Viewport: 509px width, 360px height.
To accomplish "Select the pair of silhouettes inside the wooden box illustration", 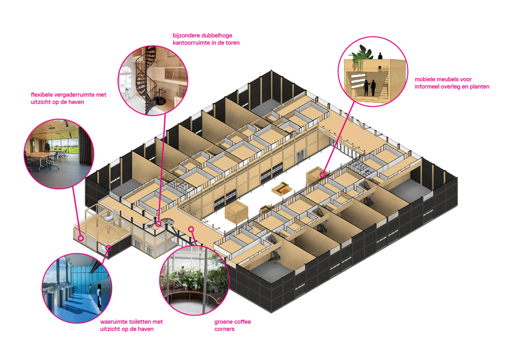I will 369,88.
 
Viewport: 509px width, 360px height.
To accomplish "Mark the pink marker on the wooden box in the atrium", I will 323,174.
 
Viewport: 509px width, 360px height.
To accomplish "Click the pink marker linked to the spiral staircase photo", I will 159,224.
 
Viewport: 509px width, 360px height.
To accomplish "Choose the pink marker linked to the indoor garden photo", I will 191,229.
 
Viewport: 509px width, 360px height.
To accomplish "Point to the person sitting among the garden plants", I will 182,271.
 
